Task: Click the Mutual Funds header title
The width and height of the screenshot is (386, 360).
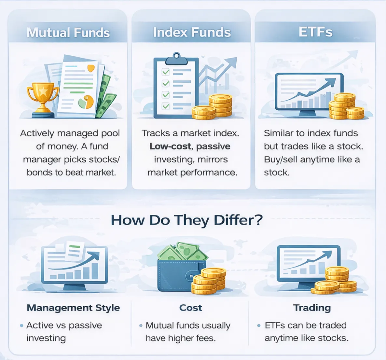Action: pyautogui.click(x=68, y=33)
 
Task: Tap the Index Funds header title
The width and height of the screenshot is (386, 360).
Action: pyautogui.click(x=192, y=32)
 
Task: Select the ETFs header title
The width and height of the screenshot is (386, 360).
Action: pyautogui.click(x=315, y=32)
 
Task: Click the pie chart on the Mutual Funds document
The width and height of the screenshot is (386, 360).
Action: pyautogui.click(x=86, y=102)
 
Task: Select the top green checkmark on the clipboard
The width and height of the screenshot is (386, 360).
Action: pyautogui.click(x=166, y=72)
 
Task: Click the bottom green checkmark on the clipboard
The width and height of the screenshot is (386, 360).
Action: pyautogui.click(x=166, y=106)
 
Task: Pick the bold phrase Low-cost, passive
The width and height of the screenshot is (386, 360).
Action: pyautogui.click(x=190, y=146)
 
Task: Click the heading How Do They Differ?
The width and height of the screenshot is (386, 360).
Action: pyautogui.click(x=186, y=220)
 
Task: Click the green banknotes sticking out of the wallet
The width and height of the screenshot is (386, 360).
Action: pyautogui.click(x=183, y=252)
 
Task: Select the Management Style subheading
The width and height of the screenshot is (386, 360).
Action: pyautogui.click(x=73, y=308)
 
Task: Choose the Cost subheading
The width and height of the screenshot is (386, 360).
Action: pyautogui.click(x=191, y=308)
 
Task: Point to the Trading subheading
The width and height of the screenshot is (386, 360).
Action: pyautogui.click(x=312, y=308)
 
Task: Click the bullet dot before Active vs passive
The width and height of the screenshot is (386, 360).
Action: pyautogui.click(x=21, y=325)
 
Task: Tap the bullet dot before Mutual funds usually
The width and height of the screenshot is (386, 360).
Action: pyautogui.click(x=141, y=325)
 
